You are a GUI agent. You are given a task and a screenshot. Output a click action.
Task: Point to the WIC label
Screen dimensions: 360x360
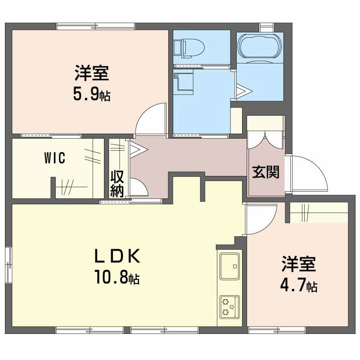(x=54, y=158)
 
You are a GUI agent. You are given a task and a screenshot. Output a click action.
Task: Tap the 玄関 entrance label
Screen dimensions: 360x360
(x=265, y=172)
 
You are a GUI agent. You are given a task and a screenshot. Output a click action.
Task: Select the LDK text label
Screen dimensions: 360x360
(x=117, y=256)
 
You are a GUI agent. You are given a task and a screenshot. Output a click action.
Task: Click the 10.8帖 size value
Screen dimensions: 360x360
(x=117, y=276)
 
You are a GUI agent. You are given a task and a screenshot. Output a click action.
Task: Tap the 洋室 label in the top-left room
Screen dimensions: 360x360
(x=92, y=73)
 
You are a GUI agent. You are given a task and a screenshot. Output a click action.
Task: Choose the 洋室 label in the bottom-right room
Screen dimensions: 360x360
(x=299, y=264)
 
